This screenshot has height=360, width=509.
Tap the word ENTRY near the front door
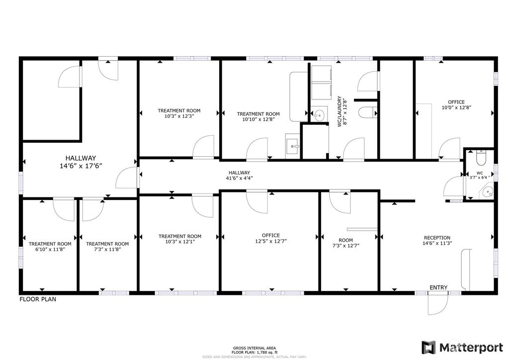pyautogui.click(x=438, y=287)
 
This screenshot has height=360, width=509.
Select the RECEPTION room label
pyautogui.click(x=437, y=238)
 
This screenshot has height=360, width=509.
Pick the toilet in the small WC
pyautogui.click(x=481, y=158)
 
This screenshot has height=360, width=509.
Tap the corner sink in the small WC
pyautogui.click(x=488, y=191)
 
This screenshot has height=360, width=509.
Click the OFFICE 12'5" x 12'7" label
pyautogui.click(x=270, y=236)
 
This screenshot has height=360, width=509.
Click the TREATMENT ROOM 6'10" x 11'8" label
pyautogui.click(x=50, y=244)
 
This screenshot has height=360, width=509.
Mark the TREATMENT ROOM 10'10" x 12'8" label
pyautogui.click(x=258, y=114)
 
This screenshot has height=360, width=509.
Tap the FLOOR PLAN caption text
pyautogui.click(x=38, y=299)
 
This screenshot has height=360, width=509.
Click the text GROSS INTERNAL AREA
pyautogui.click(x=254, y=348)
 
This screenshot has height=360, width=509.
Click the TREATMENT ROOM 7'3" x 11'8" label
pyautogui.click(x=107, y=244)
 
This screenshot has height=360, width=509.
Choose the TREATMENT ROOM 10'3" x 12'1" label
pyautogui.click(x=179, y=237)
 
